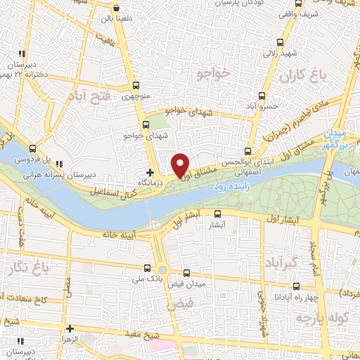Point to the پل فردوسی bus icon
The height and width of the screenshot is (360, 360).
pyautogui.click(x=33, y=148)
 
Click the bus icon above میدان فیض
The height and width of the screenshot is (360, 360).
pyautogui.click(x=186, y=273)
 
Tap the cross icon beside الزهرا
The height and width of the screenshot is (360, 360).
pyautogui.click(x=70, y=328)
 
